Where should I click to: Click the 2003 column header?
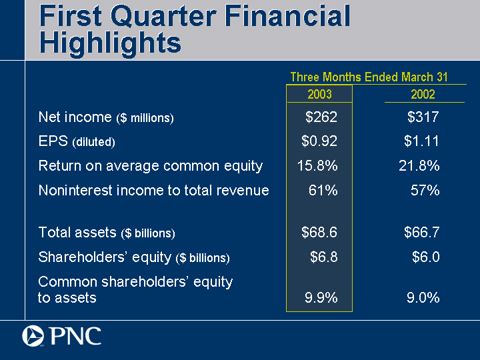pyautogui.click(x=319, y=94)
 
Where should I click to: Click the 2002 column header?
pyautogui.click(x=423, y=94)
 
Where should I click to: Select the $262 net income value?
pyautogui.click(x=321, y=117)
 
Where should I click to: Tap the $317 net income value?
pyautogui.click(x=423, y=117)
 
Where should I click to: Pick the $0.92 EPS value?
pyautogui.click(x=319, y=141)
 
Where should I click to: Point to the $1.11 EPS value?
pyautogui.click(x=422, y=141)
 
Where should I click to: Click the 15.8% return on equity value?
pyautogui.click(x=317, y=165)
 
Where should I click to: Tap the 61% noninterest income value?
pyautogui.click(x=323, y=190)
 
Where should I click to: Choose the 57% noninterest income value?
pyautogui.click(x=425, y=190)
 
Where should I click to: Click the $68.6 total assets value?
pyautogui.click(x=319, y=233)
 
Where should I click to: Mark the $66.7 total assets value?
pyautogui.click(x=422, y=233)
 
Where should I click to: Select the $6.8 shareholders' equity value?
pyautogui.click(x=324, y=257)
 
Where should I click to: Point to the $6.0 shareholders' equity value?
pyautogui.click(x=426, y=257)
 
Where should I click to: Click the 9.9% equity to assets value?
pyautogui.click(x=321, y=298)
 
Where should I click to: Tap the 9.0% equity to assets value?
pyautogui.click(x=423, y=298)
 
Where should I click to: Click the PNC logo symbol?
pyautogui.click(x=33, y=336)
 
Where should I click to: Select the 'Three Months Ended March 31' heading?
pyautogui.click(x=369, y=77)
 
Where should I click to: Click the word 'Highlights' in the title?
pyautogui.click(x=110, y=43)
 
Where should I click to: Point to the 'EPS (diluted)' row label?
pyautogui.click(x=77, y=142)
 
